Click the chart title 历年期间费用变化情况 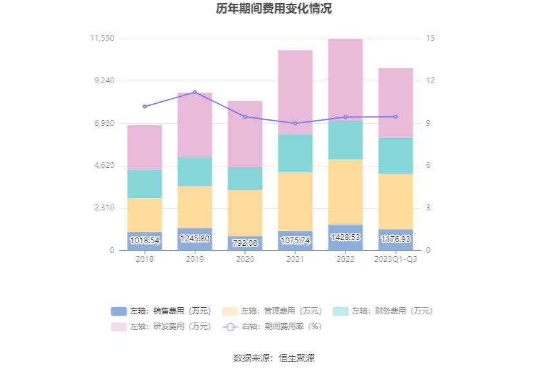pyautogui.click(x=274, y=9)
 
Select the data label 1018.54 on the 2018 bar pyautogui.click(x=144, y=241)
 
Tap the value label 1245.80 pyautogui.click(x=195, y=239)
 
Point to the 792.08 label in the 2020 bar pyautogui.click(x=245, y=243)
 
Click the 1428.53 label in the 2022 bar pyautogui.click(x=346, y=237)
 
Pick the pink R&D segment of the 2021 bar pyautogui.click(x=295, y=92)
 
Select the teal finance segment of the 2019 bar pyautogui.click(x=195, y=172)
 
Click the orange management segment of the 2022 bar pyautogui.click(x=346, y=192)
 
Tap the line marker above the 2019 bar pyautogui.click(x=195, y=92)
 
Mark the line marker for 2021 pyautogui.click(x=295, y=123)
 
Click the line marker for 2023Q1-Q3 pyautogui.click(x=396, y=117)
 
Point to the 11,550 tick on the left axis pyautogui.click(x=103, y=39)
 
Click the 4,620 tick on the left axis pyautogui.click(x=104, y=166)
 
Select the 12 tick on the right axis pyautogui.click(x=431, y=81)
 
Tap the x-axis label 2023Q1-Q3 pyautogui.click(x=396, y=259)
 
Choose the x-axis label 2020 pyautogui.click(x=245, y=259)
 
